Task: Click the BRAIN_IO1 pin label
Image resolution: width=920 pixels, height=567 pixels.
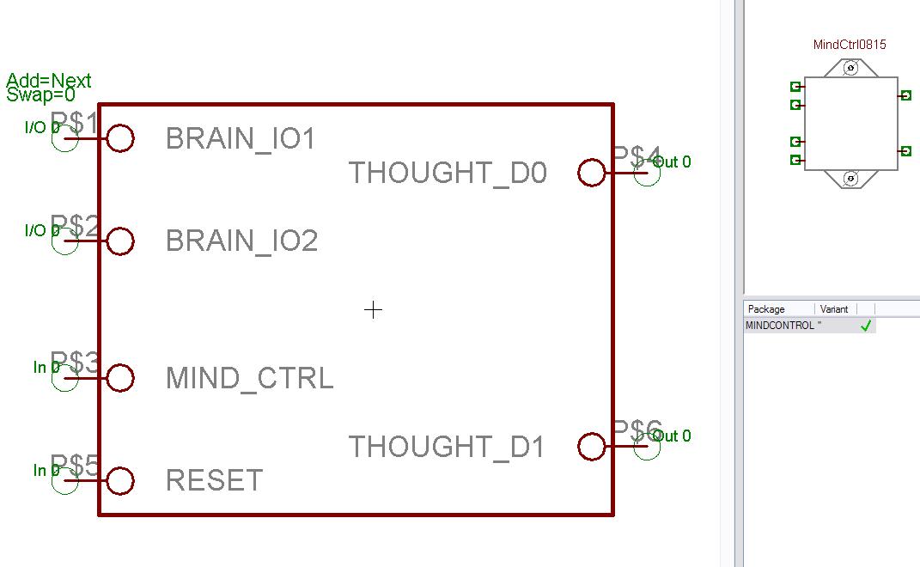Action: click(241, 138)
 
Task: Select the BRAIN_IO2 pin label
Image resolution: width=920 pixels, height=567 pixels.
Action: click(241, 241)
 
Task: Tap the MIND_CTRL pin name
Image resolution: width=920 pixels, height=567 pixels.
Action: click(249, 378)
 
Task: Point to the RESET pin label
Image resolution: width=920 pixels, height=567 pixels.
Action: click(214, 481)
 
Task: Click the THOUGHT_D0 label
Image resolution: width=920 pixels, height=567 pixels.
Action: click(448, 174)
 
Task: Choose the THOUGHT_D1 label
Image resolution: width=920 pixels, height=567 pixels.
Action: click(447, 447)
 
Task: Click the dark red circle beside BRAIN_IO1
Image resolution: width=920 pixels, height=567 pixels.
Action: click(120, 138)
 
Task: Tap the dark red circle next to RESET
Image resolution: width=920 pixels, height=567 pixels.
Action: click(120, 481)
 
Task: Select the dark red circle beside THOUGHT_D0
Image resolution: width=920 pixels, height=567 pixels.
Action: click(591, 173)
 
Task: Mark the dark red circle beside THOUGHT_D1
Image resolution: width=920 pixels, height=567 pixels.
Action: click(591, 447)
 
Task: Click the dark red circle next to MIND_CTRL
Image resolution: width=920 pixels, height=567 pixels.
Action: click(120, 378)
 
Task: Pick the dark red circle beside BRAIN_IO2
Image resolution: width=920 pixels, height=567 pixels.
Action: click(120, 241)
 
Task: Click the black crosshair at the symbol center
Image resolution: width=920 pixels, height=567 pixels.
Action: click(373, 309)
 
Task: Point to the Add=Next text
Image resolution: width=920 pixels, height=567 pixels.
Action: click(48, 82)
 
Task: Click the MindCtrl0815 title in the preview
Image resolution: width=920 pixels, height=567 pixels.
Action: click(849, 45)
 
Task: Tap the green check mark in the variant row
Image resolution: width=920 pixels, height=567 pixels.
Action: click(866, 326)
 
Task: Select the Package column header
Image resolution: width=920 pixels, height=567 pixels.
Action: click(766, 309)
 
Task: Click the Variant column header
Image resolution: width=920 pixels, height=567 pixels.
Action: click(834, 309)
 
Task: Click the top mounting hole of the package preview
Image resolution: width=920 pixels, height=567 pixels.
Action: click(850, 68)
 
